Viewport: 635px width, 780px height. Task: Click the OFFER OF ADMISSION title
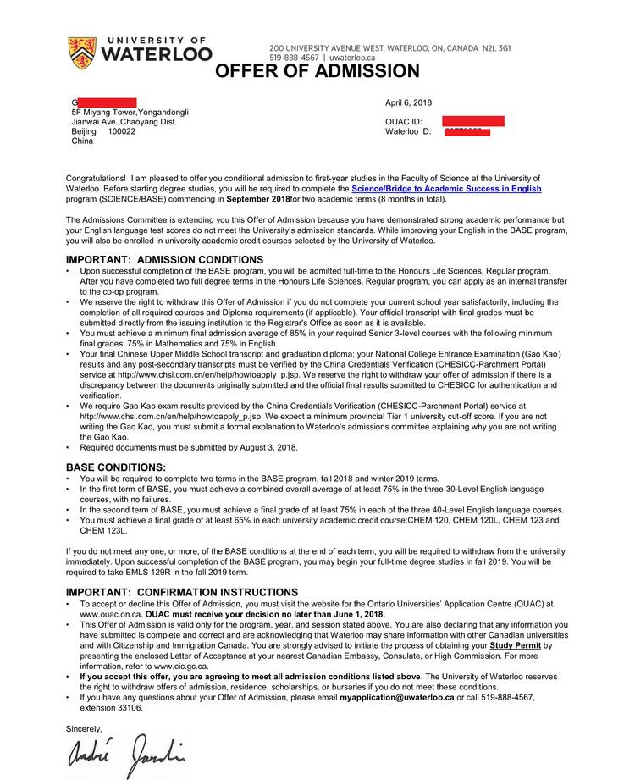pyautogui.click(x=317, y=71)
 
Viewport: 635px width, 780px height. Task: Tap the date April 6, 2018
pyautogui.click(x=408, y=102)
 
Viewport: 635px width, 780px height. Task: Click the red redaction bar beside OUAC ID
pyautogui.click(x=472, y=121)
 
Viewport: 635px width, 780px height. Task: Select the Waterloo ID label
pyautogui.click(x=408, y=131)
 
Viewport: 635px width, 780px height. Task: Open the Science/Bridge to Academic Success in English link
pyautogui.click(x=446, y=189)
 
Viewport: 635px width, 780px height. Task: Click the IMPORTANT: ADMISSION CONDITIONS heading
pyautogui.click(x=164, y=259)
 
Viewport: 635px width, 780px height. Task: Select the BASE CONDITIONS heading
pyautogui.click(x=116, y=467)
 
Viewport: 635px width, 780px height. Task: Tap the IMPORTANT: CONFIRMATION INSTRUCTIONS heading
pyautogui.click(x=182, y=591)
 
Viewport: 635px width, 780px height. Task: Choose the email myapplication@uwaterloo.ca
pyautogui.click(x=393, y=697)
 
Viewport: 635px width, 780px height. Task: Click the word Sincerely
pyautogui.click(x=84, y=727)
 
